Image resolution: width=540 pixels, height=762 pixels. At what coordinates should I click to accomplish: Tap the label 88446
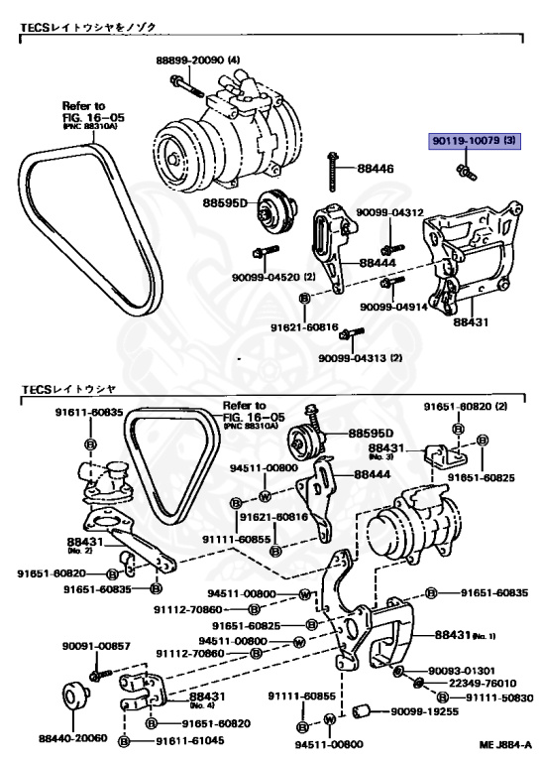coord(376,170)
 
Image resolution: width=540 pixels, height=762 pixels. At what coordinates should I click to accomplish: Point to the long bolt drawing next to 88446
coord(330,172)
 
